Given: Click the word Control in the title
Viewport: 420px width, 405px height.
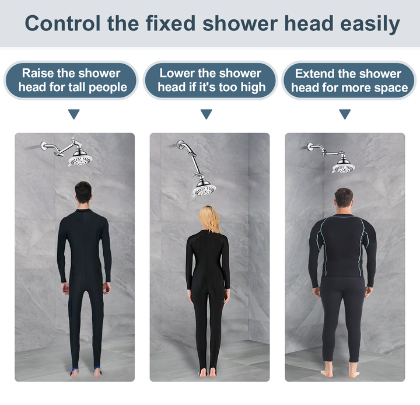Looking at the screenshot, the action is (x=62, y=23).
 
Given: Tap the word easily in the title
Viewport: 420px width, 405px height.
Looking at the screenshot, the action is (x=370, y=25).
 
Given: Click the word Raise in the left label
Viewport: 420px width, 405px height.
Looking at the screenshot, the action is (x=37, y=73).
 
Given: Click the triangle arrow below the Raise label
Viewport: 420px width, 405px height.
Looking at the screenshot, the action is (x=74, y=114).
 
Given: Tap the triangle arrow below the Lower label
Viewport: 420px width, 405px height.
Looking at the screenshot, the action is (x=206, y=114).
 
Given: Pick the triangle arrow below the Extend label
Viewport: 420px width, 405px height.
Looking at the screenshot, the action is (x=345, y=114).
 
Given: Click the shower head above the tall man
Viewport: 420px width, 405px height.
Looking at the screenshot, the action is (x=80, y=158).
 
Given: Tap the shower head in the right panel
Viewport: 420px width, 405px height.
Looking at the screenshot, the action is (x=344, y=165).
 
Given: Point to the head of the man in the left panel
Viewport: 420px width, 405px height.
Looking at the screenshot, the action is (x=83, y=193).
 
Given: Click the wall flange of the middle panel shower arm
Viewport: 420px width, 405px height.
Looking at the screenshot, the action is (x=180, y=144).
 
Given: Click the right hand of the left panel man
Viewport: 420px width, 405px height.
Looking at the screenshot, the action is (x=107, y=288).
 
